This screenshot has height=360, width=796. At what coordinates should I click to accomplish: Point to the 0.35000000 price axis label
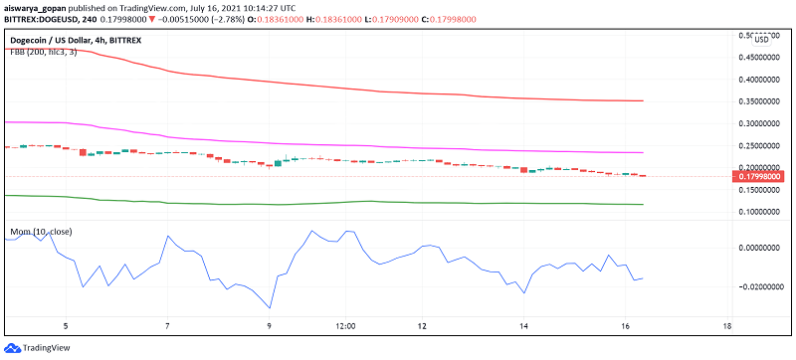click(759, 101)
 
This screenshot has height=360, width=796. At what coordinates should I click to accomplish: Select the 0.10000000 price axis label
click(759, 211)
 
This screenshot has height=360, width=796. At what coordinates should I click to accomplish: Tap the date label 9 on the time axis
click(270, 326)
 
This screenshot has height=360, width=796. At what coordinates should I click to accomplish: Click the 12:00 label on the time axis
click(346, 326)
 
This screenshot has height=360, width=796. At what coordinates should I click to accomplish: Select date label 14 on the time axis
click(523, 326)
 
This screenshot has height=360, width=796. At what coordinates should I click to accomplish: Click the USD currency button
click(761, 39)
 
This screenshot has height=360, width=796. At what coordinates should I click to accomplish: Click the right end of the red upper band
click(643, 100)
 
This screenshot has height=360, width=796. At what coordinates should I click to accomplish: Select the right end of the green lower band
click(643, 204)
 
